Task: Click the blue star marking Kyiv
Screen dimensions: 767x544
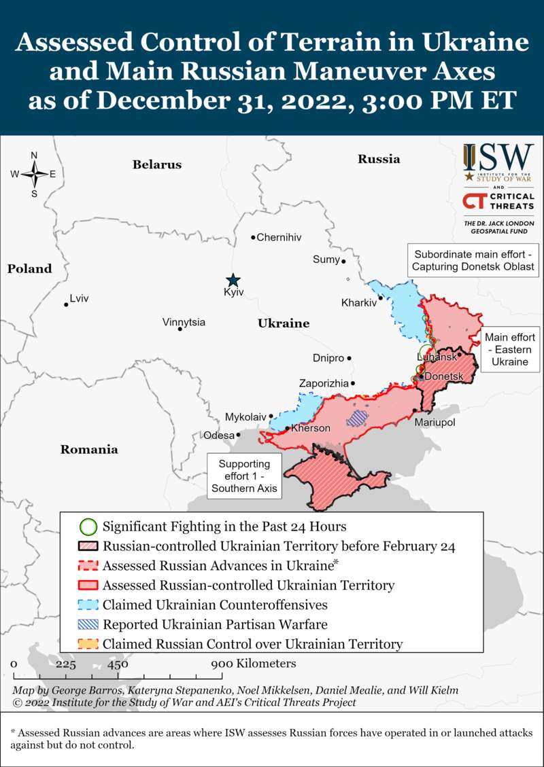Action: pyautogui.click(x=233, y=280)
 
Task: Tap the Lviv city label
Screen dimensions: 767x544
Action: pyautogui.click(x=79, y=298)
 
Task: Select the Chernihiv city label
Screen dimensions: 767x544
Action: pyautogui.click(x=279, y=237)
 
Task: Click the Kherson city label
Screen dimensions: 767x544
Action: pyautogui.click(x=311, y=428)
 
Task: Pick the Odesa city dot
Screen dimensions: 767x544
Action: pyautogui.click(x=239, y=435)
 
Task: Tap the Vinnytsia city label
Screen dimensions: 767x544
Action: pyautogui.click(x=184, y=322)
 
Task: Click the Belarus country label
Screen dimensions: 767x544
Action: pyautogui.click(x=157, y=164)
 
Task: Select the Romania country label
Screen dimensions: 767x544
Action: pyautogui.click(x=89, y=449)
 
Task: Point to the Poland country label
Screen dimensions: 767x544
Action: pyautogui.click(x=29, y=268)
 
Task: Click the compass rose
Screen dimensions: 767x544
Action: pyautogui.click(x=34, y=174)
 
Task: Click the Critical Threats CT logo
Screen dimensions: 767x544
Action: pyautogui.click(x=498, y=201)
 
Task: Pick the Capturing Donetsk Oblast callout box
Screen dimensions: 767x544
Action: pyautogui.click(x=474, y=260)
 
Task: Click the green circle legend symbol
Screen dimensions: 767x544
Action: pyautogui.click(x=88, y=527)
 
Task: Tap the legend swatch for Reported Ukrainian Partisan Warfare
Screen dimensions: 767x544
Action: pyautogui.click(x=88, y=624)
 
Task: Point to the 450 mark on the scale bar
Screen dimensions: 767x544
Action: pyautogui.click(x=118, y=664)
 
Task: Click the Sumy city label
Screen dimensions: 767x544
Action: pyautogui.click(x=325, y=259)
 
